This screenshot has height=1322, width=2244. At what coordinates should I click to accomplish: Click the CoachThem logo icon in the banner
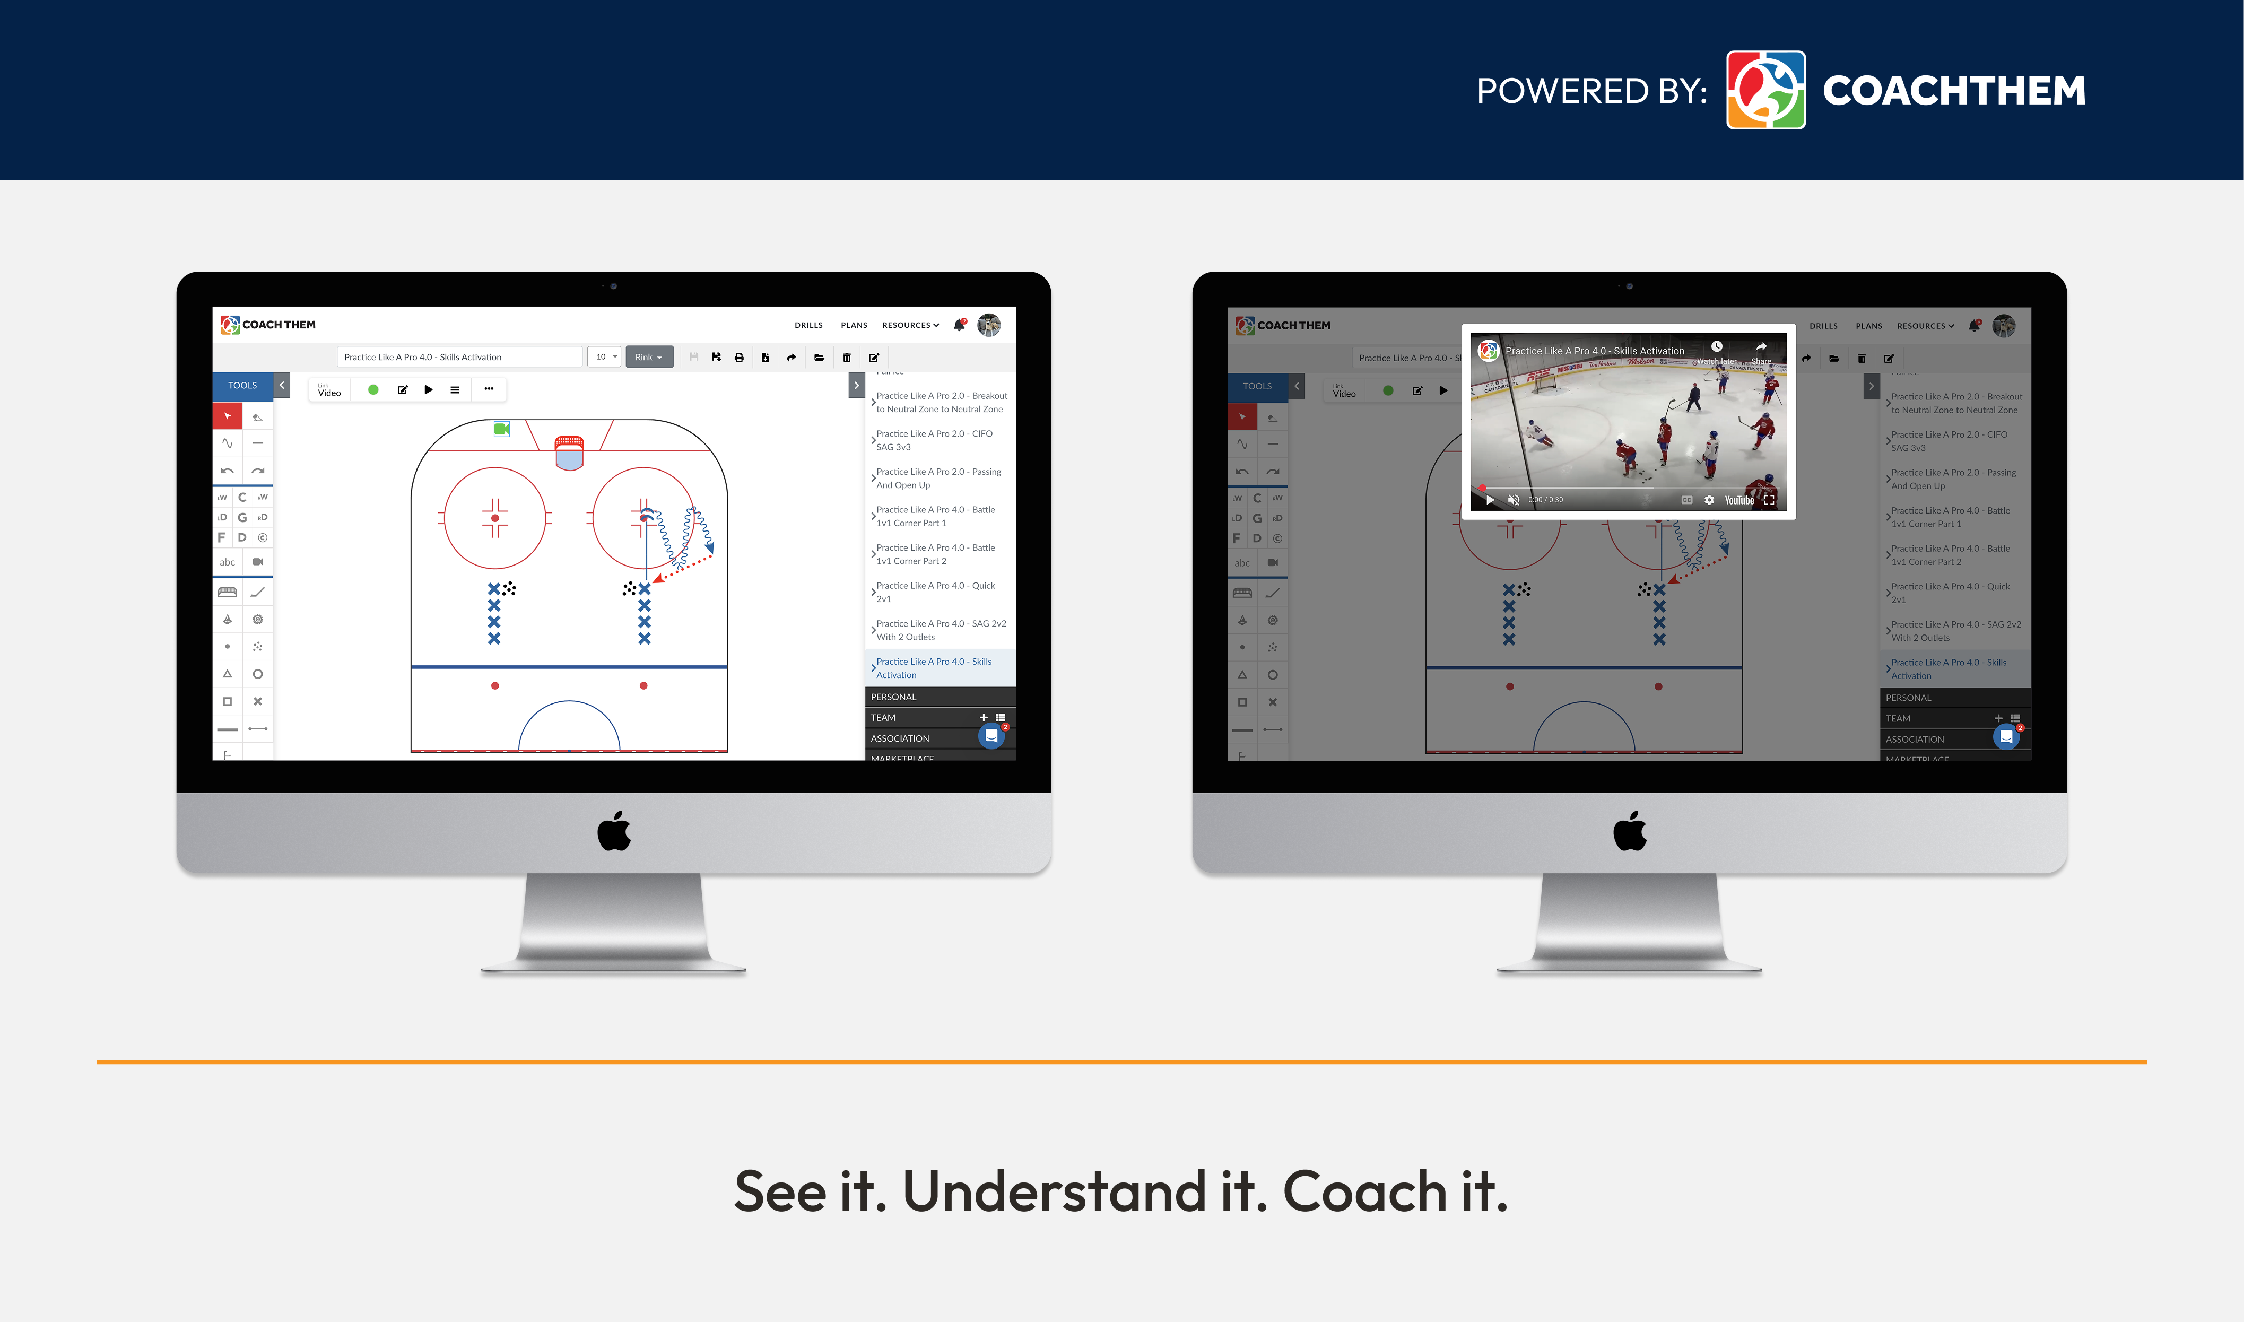click(1765, 90)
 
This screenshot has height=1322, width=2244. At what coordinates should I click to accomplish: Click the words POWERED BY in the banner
click(1591, 91)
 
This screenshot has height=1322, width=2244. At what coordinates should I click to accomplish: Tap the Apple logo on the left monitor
click(614, 831)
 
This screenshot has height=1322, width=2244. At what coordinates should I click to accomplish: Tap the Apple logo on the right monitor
click(1629, 831)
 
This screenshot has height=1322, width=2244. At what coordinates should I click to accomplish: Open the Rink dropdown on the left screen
click(648, 357)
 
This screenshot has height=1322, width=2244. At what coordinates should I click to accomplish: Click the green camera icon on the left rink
click(501, 429)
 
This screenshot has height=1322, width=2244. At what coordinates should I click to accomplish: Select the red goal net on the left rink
click(569, 451)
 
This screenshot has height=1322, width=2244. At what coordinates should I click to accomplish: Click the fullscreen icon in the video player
click(1769, 500)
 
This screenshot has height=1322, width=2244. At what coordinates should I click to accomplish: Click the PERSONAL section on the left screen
click(893, 697)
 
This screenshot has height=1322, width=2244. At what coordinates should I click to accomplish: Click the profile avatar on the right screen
click(2004, 326)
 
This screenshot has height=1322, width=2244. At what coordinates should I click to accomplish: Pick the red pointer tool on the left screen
click(227, 416)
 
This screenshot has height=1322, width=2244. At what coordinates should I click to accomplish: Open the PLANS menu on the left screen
click(854, 325)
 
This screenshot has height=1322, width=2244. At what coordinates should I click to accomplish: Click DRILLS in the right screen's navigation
click(1823, 326)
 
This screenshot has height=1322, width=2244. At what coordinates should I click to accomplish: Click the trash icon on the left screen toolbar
click(846, 357)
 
